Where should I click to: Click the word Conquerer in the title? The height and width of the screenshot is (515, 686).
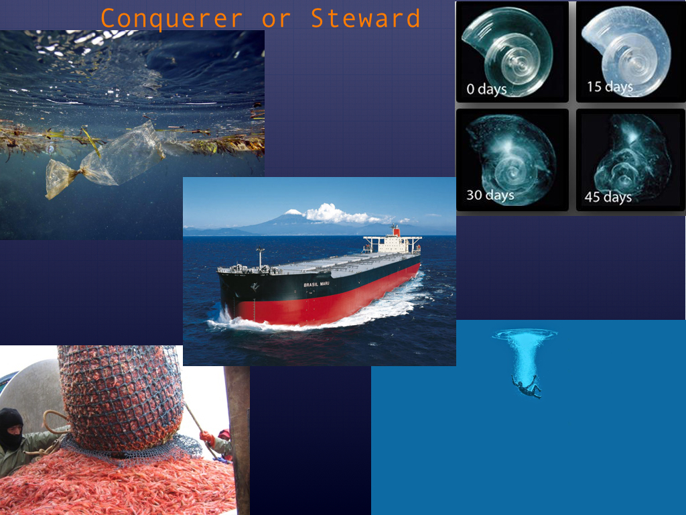click(x=172, y=18)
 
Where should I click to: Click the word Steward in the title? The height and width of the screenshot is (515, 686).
click(x=365, y=18)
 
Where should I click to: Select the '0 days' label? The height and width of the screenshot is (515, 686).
click(x=486, y=89)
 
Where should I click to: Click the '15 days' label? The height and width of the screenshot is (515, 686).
click(x=610, y=87)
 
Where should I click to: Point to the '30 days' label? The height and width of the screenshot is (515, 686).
click(x=490, y=195)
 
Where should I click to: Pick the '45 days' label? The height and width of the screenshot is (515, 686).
click(x=608, y=197)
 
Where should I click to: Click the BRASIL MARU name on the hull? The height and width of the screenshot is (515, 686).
click(x=316, y=284)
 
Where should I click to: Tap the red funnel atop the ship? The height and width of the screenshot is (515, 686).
click(x=395, y=231)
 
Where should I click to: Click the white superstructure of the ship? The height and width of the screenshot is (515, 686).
click(x=393, y=244)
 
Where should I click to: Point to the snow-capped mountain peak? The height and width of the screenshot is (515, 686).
click(x=293, y=213)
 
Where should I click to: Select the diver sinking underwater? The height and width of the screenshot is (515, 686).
click(x=527, y=386)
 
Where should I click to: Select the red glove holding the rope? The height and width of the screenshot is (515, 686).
click(x=207, y=437)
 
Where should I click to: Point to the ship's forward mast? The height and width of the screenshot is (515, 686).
click(x=261, y=257)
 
